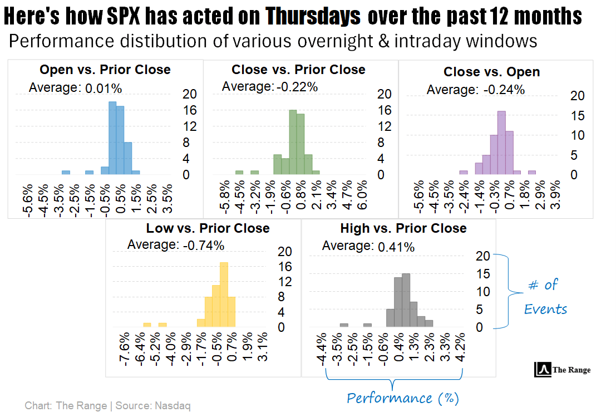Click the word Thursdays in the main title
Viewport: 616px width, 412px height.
click(313, 17)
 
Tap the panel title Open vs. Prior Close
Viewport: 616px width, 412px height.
click(105, 70)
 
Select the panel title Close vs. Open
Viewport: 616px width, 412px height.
click(491, 72)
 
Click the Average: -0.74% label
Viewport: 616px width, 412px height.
click(176, 245)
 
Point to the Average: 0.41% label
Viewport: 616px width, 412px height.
click(368, 246)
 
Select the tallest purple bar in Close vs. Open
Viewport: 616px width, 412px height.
click(501, 143)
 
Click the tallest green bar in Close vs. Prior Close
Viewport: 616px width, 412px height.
click(293, 142)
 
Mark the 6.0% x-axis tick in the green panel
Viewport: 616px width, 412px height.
click(362, 197)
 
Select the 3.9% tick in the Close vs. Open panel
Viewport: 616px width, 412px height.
click(555, 197)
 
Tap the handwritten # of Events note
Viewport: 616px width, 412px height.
click(545, 296)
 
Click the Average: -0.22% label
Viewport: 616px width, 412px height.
click(269, 86)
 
